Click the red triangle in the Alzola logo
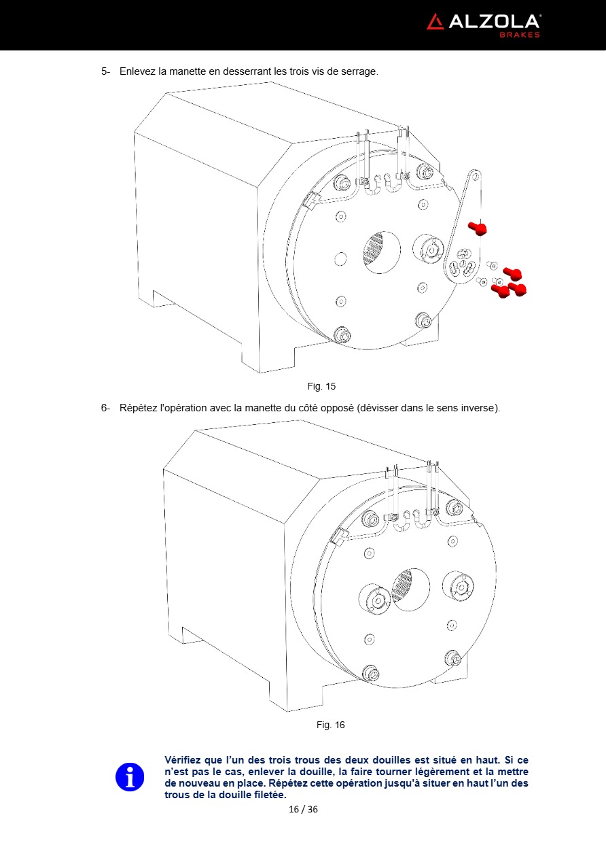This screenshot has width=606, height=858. (435, 23)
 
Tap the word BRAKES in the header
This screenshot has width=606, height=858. (520, 35)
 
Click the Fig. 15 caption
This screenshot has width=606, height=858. (321, 386)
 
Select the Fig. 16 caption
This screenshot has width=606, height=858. (330, 725)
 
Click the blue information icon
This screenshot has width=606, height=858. (130, 777)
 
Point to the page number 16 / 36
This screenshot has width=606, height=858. (303, 809)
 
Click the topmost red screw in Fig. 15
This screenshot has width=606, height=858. (478, 228)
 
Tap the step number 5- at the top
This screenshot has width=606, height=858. (105, 71)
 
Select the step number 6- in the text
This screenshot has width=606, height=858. (105, 408)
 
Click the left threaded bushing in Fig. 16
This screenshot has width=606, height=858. (374, 599)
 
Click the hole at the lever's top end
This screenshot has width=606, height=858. (476, 176)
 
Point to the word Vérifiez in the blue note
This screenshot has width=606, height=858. (183, 760)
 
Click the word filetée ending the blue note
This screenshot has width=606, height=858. (270, 795)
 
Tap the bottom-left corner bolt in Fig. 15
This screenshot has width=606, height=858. (342, 334)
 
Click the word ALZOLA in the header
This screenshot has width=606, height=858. (494, 22)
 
